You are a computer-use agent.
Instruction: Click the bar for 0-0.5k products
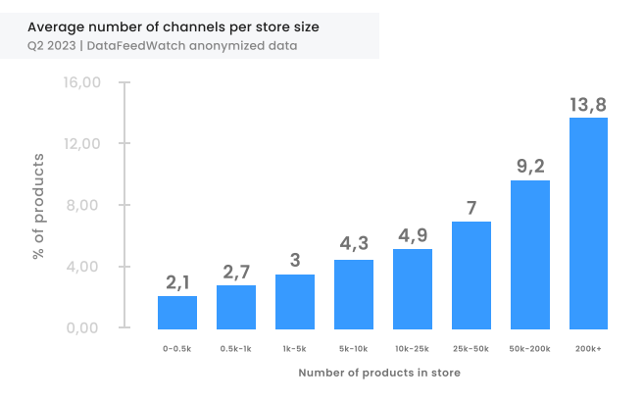point(177,312)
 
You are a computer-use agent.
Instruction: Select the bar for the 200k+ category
point(588,223)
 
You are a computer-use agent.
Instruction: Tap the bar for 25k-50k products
point(471,275)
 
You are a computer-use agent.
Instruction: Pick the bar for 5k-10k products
point(353,293)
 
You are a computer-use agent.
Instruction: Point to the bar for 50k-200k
point(529,254)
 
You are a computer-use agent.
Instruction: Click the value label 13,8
point(588,104)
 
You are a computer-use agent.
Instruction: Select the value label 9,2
point(530,166)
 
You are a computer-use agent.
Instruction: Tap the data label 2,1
point(177,282)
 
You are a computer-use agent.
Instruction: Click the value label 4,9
point(413,235)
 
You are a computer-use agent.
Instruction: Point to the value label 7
point(471,208)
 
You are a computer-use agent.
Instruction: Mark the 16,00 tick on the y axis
point(82,82)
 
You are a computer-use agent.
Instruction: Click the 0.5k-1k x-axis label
point(236,348)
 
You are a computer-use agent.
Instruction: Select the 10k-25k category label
point(413,348)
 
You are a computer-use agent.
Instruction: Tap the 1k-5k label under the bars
point(295,348)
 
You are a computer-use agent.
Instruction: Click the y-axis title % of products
point(39,206)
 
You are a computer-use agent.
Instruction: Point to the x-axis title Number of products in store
point(379,373)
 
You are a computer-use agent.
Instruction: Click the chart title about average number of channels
point(173,25)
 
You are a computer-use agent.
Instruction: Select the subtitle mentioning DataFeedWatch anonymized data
point(163,45)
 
